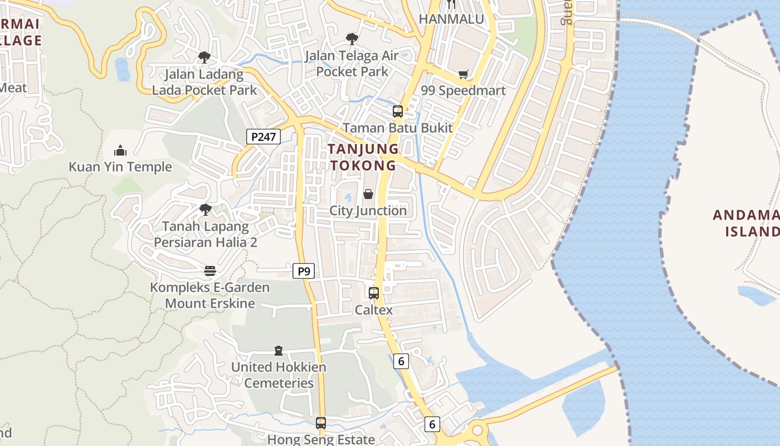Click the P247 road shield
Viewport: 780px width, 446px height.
point(263,137)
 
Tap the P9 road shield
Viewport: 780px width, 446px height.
point(304,272)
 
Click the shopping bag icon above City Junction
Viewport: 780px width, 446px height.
point(368,194)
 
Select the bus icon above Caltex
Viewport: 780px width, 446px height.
point(374,293)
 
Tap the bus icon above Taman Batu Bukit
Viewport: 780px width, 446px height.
point(398,111)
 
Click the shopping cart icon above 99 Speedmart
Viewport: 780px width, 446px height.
point(463,74)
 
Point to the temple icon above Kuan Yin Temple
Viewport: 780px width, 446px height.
point(120,151)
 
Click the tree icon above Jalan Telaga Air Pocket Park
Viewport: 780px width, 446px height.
point(352,38)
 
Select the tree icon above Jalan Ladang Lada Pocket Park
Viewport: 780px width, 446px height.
point(204,57)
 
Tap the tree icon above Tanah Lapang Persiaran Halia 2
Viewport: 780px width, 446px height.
point(206,210)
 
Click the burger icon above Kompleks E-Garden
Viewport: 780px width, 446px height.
point(210,271)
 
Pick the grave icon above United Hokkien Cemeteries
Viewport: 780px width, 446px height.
point(279,351)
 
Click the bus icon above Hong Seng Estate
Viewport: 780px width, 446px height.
point(321,423)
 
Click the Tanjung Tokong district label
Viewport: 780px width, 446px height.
point(363,157)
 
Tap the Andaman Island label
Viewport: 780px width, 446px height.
point(747,223)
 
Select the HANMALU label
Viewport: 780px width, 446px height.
point(451,19)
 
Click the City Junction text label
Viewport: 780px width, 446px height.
point(368,211)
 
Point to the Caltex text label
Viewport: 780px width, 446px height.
point(374,310)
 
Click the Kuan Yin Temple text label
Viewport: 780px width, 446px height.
point(120,167)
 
